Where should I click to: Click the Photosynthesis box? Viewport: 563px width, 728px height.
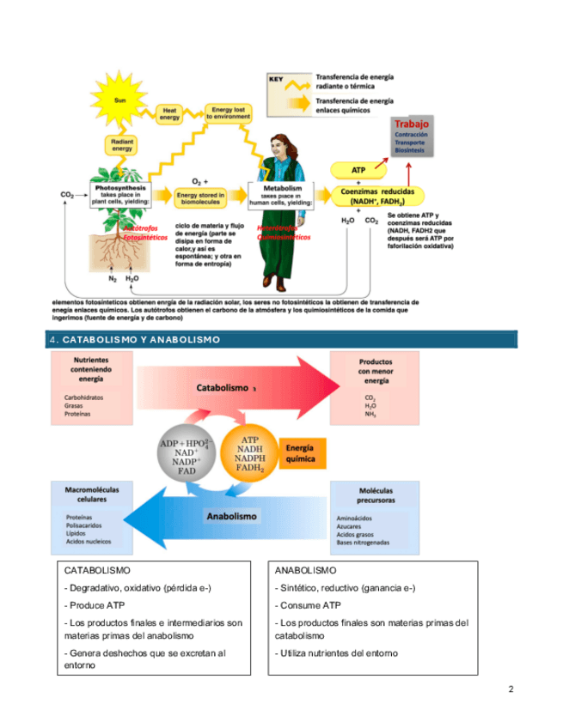tap(121, 194)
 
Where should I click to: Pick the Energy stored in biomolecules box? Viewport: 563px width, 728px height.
tap(200, 198)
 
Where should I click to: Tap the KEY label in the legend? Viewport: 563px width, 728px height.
tap(277, 79)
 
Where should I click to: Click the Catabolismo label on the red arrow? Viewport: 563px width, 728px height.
tap(223, 387)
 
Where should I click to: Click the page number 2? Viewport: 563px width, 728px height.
tap(511, 689)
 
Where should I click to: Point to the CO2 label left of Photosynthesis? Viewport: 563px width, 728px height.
tap(67, 196)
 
